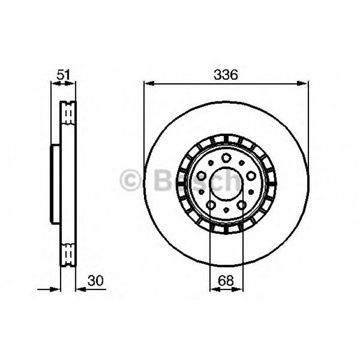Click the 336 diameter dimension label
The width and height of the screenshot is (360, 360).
click(x=225, y=75)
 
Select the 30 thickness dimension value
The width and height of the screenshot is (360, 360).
click(x=96, y=281)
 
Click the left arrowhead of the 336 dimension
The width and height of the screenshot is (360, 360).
click(x=148, y=83)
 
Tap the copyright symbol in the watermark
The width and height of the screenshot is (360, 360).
click(x=130, y=181)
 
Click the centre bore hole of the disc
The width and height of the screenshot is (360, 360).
click(x=226, y=184)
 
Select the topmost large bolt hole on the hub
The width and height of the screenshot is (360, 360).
click(x=226, y=157)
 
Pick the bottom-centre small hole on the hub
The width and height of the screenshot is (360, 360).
click(x=226, y=210)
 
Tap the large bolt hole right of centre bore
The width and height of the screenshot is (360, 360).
click(x=250, y=176)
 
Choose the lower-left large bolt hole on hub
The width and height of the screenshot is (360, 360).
click(x=211, y=205)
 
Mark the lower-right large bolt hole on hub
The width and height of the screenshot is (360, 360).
click(x=241, y=205)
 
